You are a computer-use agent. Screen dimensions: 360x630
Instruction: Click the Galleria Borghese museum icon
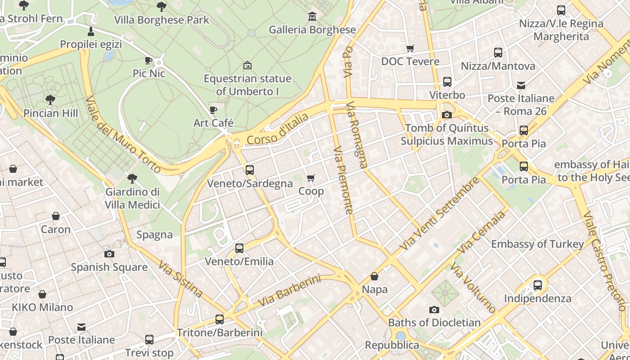[312, 17]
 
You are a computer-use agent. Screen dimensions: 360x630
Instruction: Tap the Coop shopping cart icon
[311, 178]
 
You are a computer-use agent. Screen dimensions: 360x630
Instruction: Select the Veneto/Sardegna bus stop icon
[250, 170]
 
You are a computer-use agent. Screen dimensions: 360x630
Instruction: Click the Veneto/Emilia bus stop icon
[239, 248]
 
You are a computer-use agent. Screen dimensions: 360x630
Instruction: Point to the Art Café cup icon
[213, 110]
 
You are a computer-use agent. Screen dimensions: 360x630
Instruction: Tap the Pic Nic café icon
[148, 60]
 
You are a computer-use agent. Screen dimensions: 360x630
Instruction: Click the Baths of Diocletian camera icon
[434, 310]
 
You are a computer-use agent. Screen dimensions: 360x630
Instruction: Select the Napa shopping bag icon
[374, 276]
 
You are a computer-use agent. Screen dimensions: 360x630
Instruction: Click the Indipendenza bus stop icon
[537, 285]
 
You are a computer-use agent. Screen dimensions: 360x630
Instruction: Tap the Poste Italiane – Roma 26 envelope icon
[521, 85]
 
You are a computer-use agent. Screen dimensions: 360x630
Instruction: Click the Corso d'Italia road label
[278, 129]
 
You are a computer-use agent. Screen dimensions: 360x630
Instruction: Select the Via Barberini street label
[290, 291]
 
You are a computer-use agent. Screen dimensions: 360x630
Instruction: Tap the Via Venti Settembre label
[440, 214]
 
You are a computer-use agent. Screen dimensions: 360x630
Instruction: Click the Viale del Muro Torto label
[122, 134]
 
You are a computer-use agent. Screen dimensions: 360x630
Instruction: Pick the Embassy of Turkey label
[537, 244]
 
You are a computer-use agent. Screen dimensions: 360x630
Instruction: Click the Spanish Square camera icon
[109, 254]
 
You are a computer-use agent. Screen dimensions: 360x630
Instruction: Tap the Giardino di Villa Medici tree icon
[132, 179]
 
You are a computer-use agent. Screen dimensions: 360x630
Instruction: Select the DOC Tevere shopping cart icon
[410, 48]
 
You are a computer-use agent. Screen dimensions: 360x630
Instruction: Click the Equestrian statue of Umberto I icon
[247, 66]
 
